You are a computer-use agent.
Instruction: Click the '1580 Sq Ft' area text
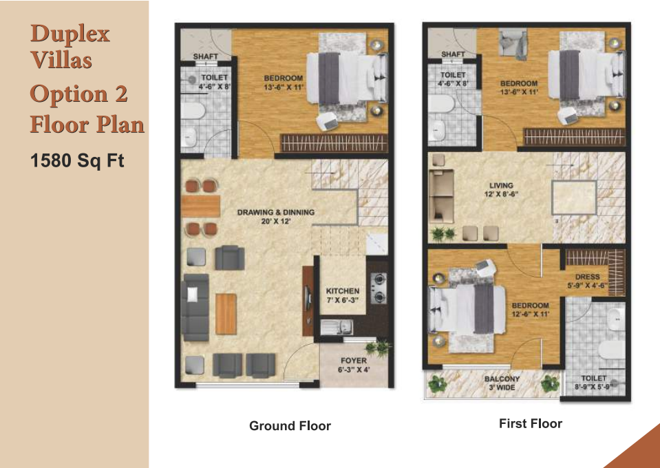(78, 161)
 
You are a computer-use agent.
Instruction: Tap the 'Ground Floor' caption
(290, 426)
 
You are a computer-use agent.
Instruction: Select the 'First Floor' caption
(531, 423)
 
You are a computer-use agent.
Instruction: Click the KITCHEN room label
(343, 291)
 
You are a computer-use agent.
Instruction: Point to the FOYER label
(354, 361)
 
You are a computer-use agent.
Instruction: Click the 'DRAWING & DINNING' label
(276, 212)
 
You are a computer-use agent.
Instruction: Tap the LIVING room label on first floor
(501, 185)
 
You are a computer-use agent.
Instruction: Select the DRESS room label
(587, 277)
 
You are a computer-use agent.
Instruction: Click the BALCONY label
(502, 379)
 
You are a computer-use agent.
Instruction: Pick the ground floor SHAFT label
(205, 56)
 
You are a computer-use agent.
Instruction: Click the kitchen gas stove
(379, 288)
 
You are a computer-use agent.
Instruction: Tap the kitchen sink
(337, 327)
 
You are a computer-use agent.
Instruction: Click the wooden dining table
(201, 206)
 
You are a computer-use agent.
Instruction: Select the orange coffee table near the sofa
(226, 314)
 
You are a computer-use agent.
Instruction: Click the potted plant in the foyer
(379, 348)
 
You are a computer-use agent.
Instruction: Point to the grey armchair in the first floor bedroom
(513, 43)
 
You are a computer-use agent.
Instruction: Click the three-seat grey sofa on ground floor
(195, 307)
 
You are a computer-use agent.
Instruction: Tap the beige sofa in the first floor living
(441, 196)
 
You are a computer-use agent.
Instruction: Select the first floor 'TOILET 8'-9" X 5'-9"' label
(593, 383)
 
